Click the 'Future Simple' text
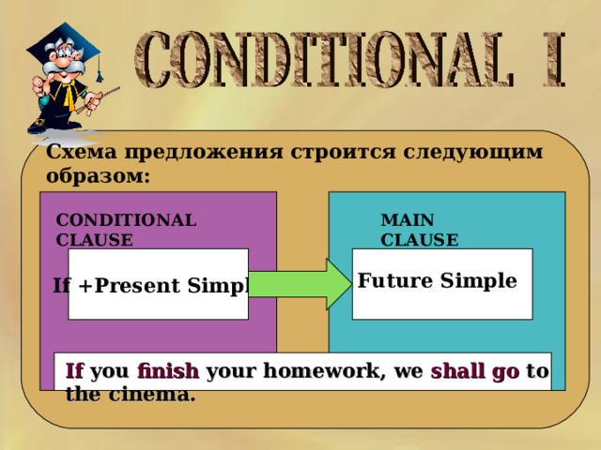coord(438,280)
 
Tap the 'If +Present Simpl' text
coord(150,285)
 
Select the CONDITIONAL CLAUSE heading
coord(126,230)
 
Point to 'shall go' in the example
coord(475,371)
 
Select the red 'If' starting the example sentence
coord(75,371)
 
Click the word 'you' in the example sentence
coord(113,371)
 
